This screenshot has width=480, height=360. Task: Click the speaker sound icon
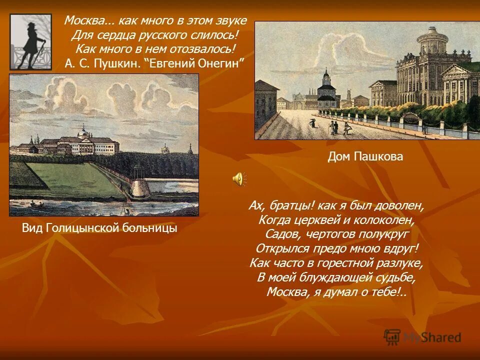point(238,178)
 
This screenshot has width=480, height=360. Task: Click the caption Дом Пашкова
point(365,157)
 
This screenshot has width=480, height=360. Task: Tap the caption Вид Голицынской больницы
point(99,228)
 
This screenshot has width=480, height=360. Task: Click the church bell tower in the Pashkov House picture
point(326,82)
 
